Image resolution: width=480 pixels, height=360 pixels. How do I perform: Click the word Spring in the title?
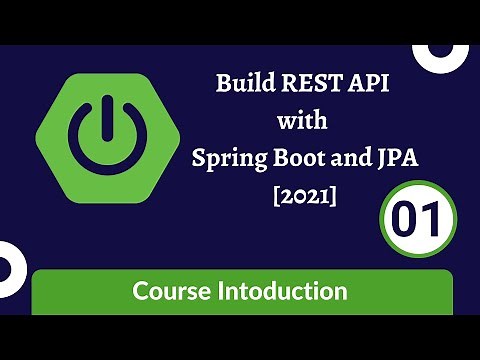tap(226, 160)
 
